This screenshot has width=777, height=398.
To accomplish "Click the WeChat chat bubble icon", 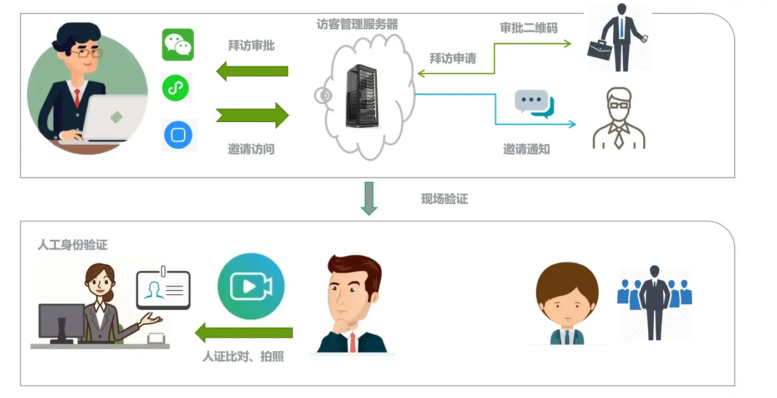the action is (x=178, y=45).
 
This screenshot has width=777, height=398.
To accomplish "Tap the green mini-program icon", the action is (x=175, y=88).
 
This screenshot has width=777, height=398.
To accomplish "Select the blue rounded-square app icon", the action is (x=178, y=135).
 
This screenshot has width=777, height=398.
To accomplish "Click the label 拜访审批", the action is (x=251, y=46).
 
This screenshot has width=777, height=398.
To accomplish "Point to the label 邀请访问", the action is (x=251, y=149).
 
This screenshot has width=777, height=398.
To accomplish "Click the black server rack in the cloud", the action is (x=361, y=96).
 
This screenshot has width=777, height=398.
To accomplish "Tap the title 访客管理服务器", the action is (x=357, y=24).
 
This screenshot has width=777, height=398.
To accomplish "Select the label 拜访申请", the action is (x=453, y=58).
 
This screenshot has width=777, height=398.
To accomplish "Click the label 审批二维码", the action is (x=528, y=28).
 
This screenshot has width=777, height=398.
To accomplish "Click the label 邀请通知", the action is (x=526, y=149).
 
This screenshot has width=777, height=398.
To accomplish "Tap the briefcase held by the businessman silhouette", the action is (x=599, y=51).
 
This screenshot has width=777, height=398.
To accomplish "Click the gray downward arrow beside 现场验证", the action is (x=369, y=199).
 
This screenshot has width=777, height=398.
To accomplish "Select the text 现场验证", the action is (x=445, y=199).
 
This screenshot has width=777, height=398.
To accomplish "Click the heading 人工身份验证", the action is (x=73, y=245).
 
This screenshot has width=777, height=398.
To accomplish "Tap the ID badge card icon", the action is (x=163, y=288).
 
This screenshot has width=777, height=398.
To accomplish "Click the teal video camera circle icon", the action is (x=251, y=286).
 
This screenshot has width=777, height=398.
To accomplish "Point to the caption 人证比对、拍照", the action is (x=243, y=356).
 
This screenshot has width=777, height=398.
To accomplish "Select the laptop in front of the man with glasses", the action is (x=114, y=118).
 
